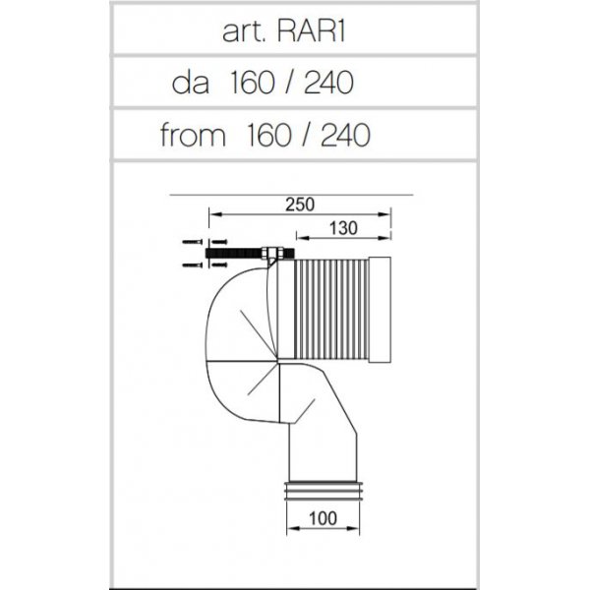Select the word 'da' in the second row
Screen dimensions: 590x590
pyautogui.click(x=191, y=83)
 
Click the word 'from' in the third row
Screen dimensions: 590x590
pyautogui.click(x=193, y=135)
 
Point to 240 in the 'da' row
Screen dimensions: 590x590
pyautogui.click(x=328, y=83)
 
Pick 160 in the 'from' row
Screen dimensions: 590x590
pyautogui.click(x=268, y=135)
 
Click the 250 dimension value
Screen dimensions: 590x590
pyautogui.click(x=300, y=205)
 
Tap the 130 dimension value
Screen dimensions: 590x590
pyautogui.click(x=343, y=228)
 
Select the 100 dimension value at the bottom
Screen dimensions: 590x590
pyautogui.click(x=323, y=518)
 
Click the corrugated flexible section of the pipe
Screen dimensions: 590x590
pyautogui.click(x=331, y=309)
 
